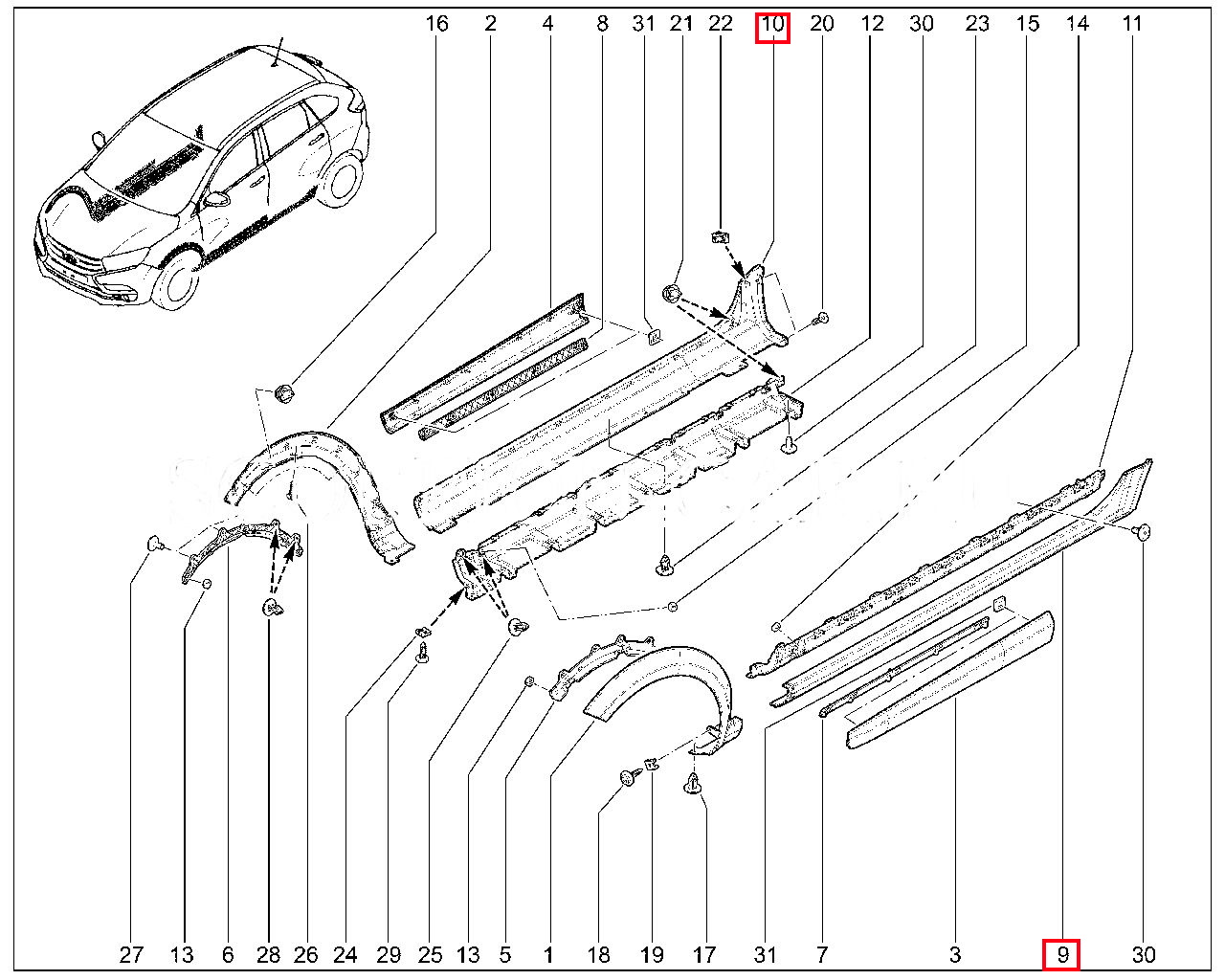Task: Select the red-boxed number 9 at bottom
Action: (x=1061, y=954)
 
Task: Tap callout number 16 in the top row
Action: (x=436, y=24)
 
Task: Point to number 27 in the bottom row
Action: (x=131, y=954)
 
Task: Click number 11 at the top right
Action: (x=1132, y=24)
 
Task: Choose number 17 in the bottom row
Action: (x=703, y=954)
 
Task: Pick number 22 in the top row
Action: (x=721, y=24)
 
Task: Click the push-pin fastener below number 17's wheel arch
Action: (x=693, y=787)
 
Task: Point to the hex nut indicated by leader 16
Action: (x=283, y=391)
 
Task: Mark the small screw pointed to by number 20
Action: (x=822, y=319)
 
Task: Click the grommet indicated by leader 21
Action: (x=672, y=292)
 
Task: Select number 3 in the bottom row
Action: (x=955, y=954)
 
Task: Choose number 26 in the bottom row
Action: (x=305, y=954)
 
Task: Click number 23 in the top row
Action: (x=977, y=24)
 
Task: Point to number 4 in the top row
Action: (x=547, y=24)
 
